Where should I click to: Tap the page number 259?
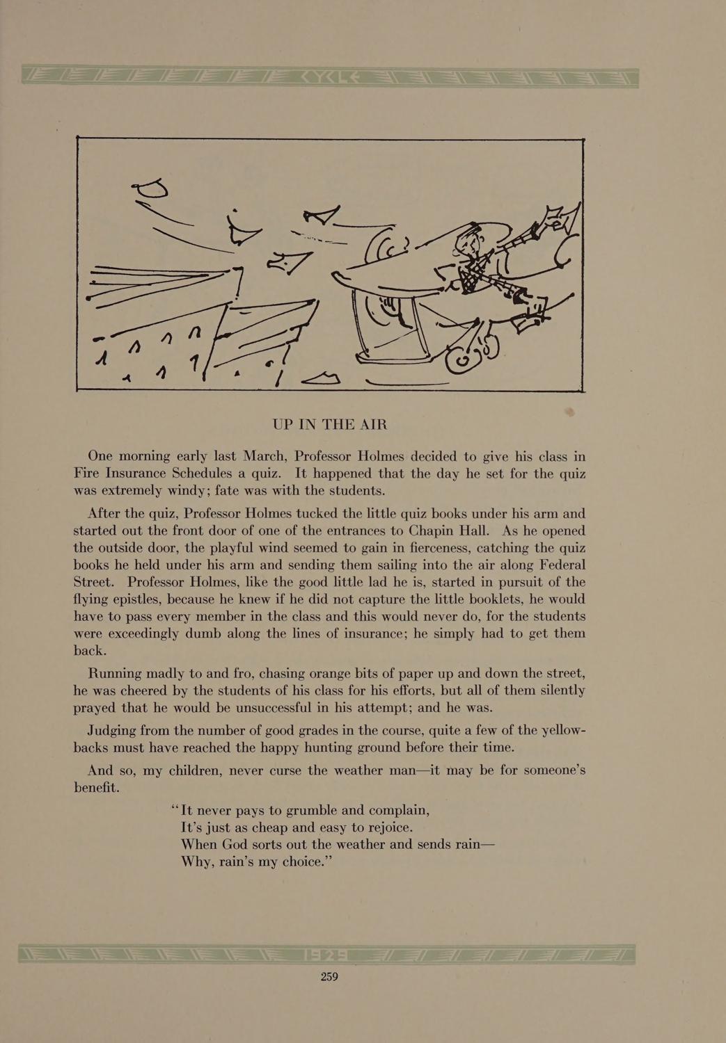(x=329, y=976)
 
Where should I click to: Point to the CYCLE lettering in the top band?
(x=331, y=78)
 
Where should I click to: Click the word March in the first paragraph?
(x=264, y=456)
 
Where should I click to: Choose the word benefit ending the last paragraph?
(x=95, y=789)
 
